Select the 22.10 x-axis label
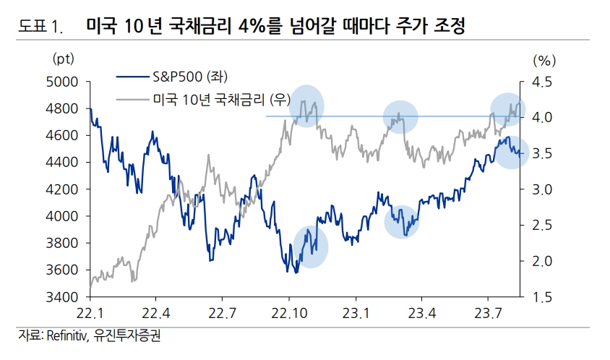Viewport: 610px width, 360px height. tap(289, 313)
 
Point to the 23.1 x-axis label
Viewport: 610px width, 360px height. tap(356, 313)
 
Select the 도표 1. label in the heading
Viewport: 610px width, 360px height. tap(40, 28)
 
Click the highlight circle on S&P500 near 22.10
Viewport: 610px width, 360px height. tap(310, 247)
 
